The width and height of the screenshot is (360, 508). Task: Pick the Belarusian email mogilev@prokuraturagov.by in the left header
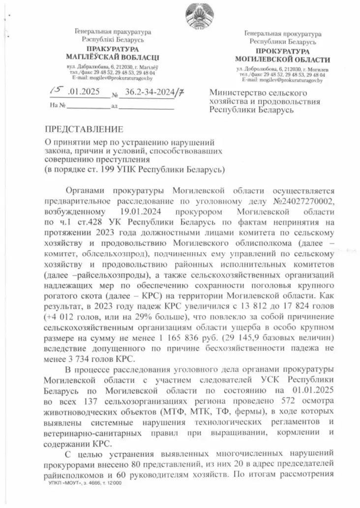[112, 78]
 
